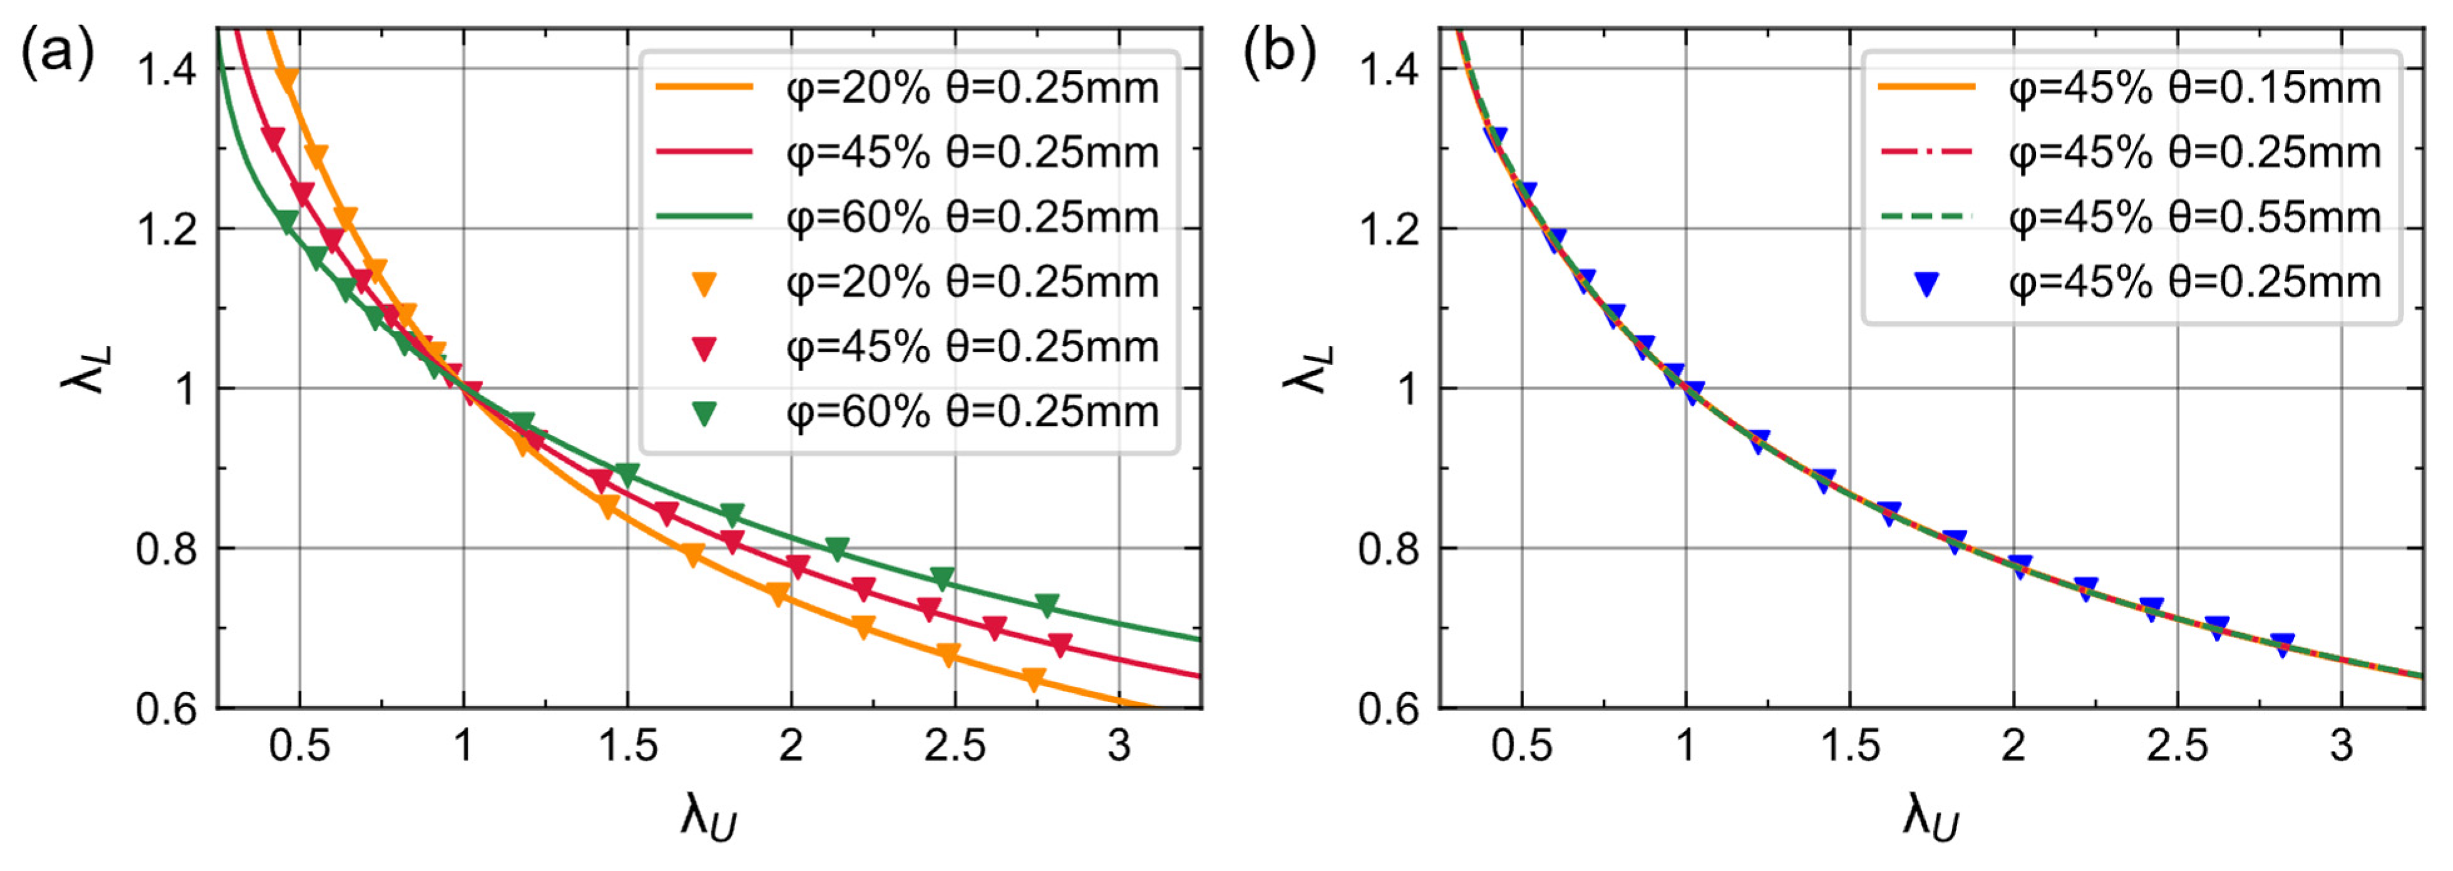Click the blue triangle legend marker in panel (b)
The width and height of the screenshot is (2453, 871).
(x=1925, y=283)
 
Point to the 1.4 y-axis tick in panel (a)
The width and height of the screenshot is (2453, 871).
(x=167, y=69)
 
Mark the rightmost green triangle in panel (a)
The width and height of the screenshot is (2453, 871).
(x=1047, y=604)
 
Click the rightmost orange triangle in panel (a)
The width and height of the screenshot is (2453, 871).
(x=1034, y=679)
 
